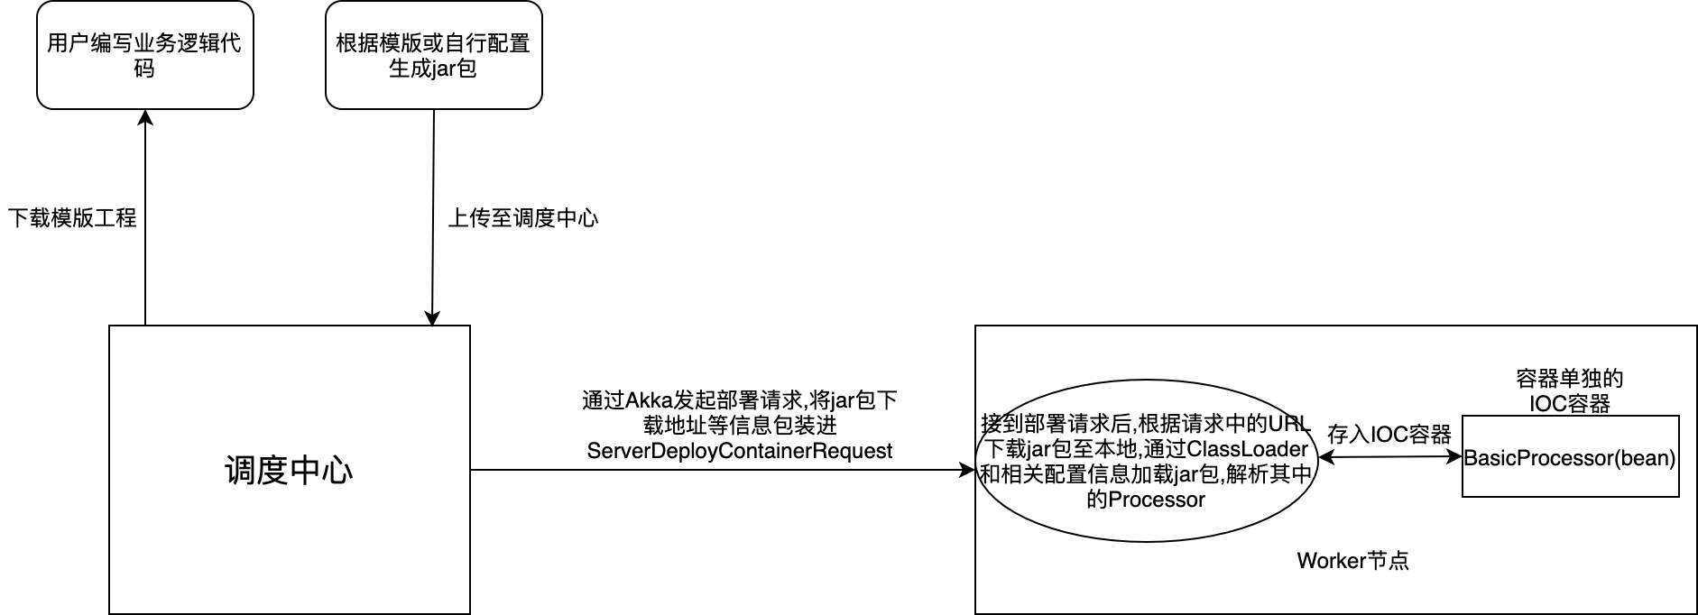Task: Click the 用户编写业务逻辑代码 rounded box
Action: click(144, 55)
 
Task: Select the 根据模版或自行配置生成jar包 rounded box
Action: click(433, 55)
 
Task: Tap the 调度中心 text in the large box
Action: click(289, 471)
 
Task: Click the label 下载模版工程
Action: click(72, 218)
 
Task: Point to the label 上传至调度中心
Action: click(523, 218)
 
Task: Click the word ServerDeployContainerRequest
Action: click(740, 451)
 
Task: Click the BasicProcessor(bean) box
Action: click(1570, 456)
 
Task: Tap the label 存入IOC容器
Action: click(1389, 435)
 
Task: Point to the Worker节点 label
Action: click(1352, 561)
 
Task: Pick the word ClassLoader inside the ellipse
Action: click(1248, 449)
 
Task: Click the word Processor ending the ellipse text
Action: click(1157, 500)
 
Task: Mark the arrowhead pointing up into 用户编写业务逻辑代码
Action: click(145, 117)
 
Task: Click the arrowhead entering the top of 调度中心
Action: click(432, 318)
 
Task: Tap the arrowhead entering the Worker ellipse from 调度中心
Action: click(968, 470)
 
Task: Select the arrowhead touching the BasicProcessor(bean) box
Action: click(1454, 457)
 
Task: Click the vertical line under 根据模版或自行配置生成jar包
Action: click(433, 216)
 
